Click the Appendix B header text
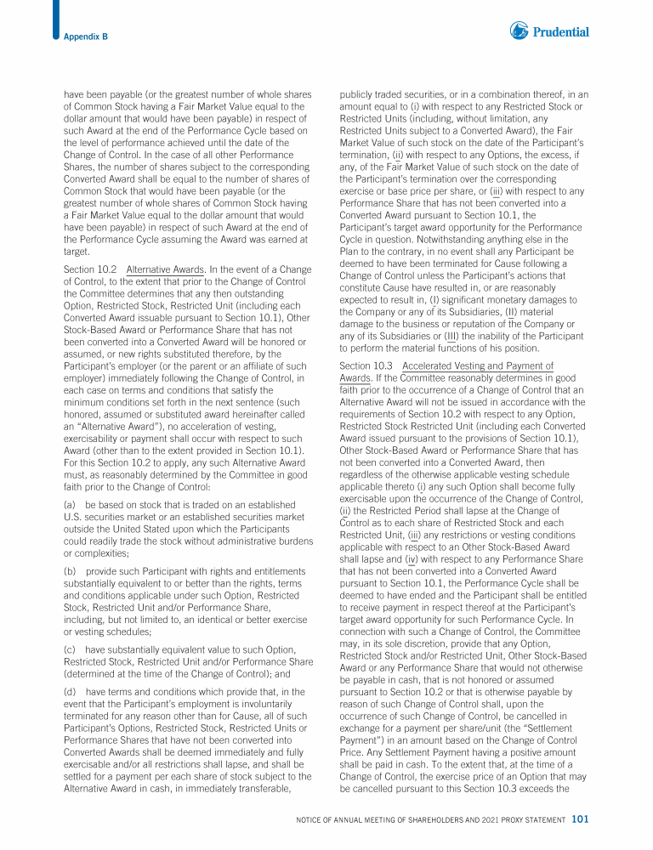click(86, 36)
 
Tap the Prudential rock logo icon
click(520, 31)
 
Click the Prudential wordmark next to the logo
click(561, 32)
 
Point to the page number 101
click(581, 819)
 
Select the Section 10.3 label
click(364, 366)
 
